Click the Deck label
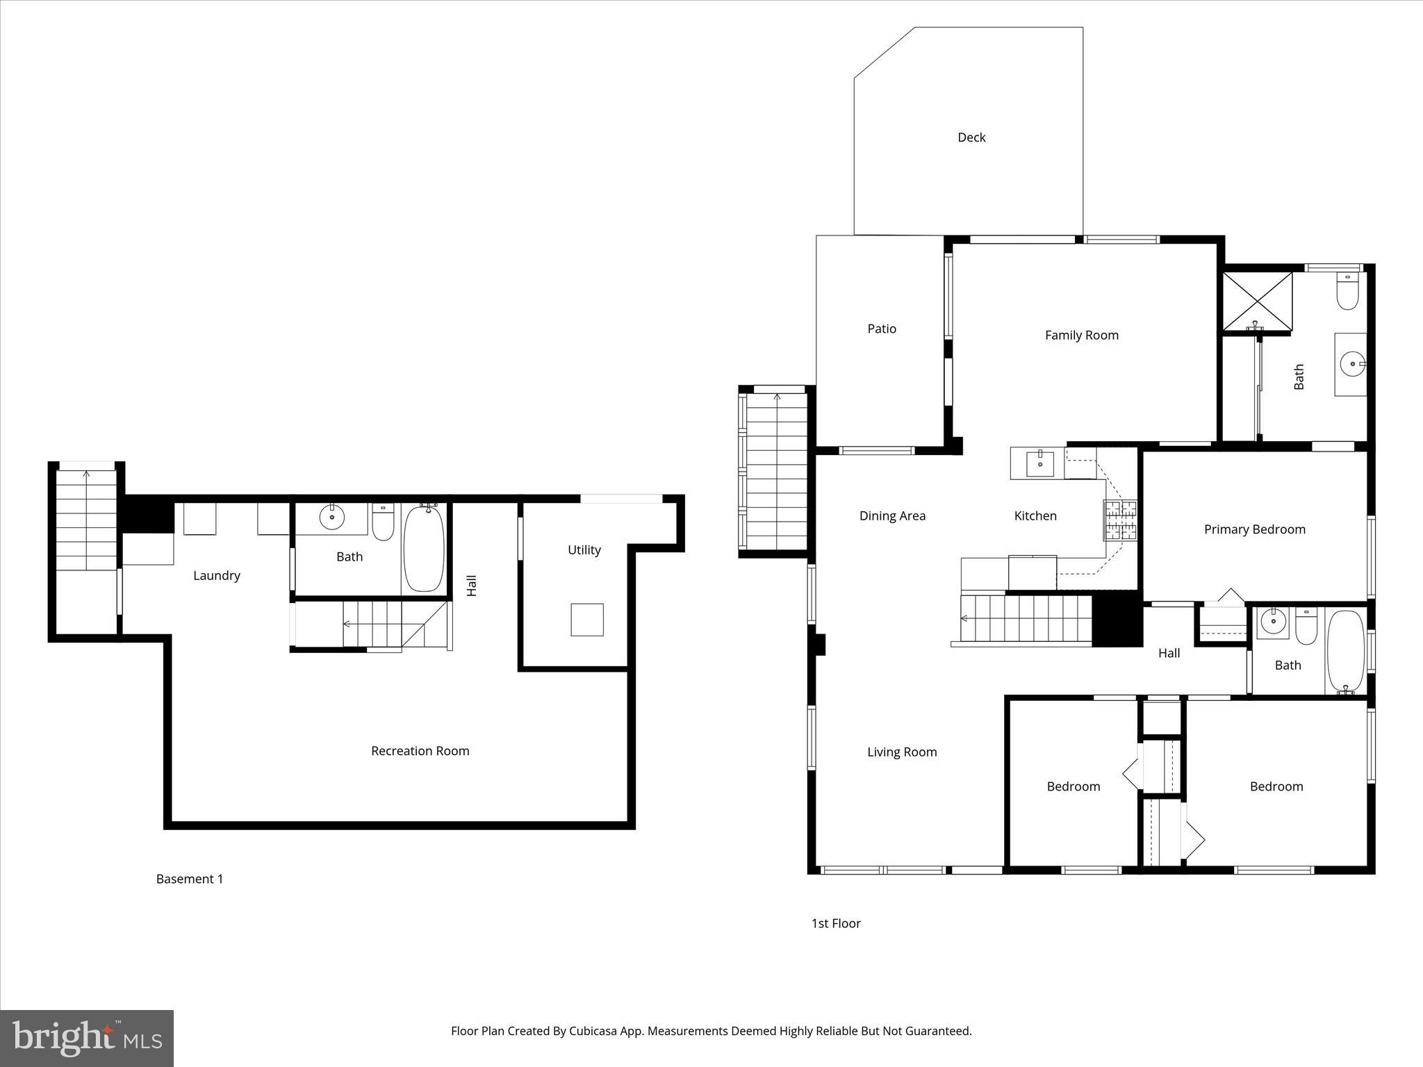tap(971, 138)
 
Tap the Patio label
tap(882, 329)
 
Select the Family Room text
tap(1082, 336)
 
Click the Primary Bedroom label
tap(1254, 529)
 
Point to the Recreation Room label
tap(420, 751)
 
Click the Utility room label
tap(584, 550)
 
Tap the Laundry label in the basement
tap(217, 575)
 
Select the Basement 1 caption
tap(190, 879)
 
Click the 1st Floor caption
tap(836, 923)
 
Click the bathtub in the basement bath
tap(424, 549)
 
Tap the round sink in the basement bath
tap(332, 517)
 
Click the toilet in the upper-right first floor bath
tap(1347, 292)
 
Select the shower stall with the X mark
tap(1257, 301)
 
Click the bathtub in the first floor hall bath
tap(1346, 651)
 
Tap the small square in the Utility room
tap(587, 620)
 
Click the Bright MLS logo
tap(87, 1038)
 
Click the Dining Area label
tap(892, 515)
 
